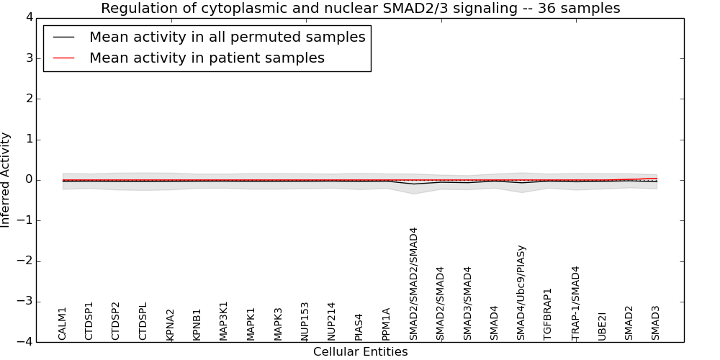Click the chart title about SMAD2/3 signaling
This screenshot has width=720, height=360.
pos(360,9)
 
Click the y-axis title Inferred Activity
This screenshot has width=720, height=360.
pos(6,179)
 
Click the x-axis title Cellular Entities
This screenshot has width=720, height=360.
pos(360,352)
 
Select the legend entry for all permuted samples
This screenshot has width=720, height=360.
pos(227,37)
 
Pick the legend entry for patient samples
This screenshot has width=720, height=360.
pos(207,58)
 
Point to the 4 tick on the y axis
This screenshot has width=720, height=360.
pos(32,17)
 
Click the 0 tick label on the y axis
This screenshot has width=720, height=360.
pos(32,180)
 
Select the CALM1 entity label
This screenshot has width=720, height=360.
pos(63,323)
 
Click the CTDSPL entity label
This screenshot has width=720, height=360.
pos(143,321)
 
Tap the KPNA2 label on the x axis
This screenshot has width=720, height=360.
pos(171,324)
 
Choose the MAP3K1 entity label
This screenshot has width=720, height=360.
pos(224,320)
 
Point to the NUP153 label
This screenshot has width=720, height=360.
pos(305,321)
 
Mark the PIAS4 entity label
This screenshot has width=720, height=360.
pos(359,326)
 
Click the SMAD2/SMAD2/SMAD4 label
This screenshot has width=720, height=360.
pos(413,284)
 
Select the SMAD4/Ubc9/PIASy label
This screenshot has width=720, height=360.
pos(521,292)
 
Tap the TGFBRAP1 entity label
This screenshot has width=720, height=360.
pos(548,314)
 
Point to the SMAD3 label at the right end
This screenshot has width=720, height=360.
pos(656,323)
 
